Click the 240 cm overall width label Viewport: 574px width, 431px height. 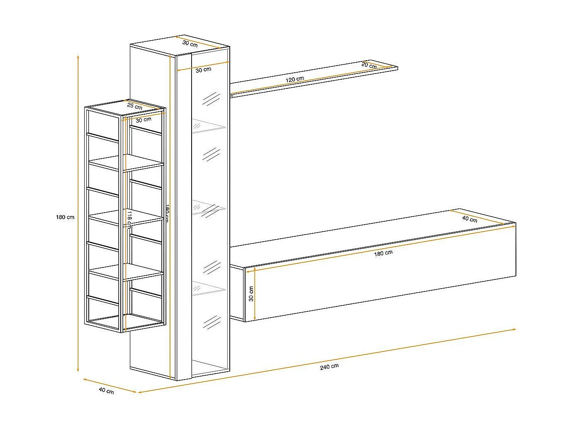[329, 366]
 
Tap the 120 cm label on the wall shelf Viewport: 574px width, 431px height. [294, 79]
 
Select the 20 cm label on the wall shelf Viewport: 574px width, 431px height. [369, 65]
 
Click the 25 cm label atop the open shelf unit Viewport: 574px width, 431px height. [134, 106]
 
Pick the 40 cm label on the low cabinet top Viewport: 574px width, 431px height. [469, 219]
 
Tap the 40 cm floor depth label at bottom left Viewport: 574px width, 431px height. [106, 390]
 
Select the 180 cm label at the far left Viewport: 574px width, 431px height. [65, 217]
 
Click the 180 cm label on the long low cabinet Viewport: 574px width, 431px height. [383, 253]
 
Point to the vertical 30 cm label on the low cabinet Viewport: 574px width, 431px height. [251, 294]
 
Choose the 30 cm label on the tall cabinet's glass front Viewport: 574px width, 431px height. [203, 69]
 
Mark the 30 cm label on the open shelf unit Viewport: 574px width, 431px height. [143, 120]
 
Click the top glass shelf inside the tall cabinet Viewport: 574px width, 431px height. [209, 127]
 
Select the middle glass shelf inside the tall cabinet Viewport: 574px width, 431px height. [209, 208]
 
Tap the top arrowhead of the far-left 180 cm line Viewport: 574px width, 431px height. [78, 56]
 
